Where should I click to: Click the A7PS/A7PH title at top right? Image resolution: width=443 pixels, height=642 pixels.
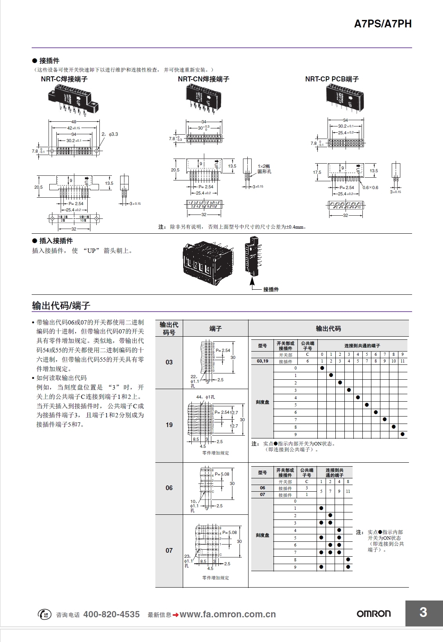[382, 24]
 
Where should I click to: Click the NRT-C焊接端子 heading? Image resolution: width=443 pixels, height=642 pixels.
[64, 79]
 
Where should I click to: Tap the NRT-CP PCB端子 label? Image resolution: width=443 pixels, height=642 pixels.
[332, 79]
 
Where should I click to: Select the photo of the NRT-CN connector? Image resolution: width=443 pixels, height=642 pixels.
[203, 98]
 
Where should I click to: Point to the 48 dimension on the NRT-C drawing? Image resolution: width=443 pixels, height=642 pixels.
[74, 122]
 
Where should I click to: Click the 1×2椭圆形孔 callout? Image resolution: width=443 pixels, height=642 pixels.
[264, 169]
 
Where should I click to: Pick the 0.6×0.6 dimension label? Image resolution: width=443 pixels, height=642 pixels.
[370, 188]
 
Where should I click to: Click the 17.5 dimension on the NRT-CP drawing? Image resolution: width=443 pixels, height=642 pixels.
[317, 172]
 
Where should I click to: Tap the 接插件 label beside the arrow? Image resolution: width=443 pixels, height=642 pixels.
[271, 289]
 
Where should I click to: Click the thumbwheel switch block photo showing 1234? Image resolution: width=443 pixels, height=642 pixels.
[207, 262]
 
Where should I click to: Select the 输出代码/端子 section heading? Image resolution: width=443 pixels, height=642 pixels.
[61, 305]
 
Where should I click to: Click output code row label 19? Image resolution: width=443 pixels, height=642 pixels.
[169, 425]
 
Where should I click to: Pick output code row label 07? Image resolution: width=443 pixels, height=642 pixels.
[169, 550]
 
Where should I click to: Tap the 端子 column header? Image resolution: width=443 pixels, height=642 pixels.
[215, 328]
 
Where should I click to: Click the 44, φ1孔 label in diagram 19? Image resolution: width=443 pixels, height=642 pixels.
[205, 397]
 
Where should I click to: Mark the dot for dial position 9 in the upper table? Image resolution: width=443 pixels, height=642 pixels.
[402, 434]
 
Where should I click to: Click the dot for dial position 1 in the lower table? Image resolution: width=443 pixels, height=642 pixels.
[321, 508]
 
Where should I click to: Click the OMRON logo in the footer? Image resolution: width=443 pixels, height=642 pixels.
[374, 613]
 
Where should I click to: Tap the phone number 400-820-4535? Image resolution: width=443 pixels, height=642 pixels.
[112, 614]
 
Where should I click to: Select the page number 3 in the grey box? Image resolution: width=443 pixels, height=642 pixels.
[423, 612]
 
